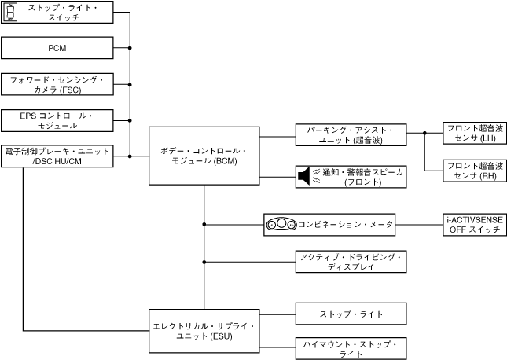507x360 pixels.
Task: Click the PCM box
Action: (57, 48)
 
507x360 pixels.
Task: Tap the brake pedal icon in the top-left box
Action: (10, 12)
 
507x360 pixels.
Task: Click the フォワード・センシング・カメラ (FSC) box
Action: (57, 84)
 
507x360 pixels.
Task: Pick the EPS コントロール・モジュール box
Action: (57, 120)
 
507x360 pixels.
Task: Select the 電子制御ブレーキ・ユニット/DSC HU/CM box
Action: (57, 156)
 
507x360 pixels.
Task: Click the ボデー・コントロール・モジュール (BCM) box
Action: (204, 156)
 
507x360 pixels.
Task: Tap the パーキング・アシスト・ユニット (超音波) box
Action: (351, 134)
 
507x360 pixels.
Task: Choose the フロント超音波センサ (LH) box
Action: (474, 134)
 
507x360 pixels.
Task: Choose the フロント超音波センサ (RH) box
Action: (474, 171)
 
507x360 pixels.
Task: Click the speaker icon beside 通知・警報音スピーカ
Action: (304, 177)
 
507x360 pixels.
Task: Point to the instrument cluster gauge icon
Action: (281, 224)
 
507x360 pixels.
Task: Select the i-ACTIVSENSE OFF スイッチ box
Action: (474, 224)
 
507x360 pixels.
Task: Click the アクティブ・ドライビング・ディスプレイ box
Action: (351, 262)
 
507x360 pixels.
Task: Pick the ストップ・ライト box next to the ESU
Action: (351, 314)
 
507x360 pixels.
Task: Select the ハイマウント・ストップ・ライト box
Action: (351, 348)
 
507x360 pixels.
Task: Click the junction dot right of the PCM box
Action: (130, 48)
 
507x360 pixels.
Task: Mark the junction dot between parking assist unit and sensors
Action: (424, 134)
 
